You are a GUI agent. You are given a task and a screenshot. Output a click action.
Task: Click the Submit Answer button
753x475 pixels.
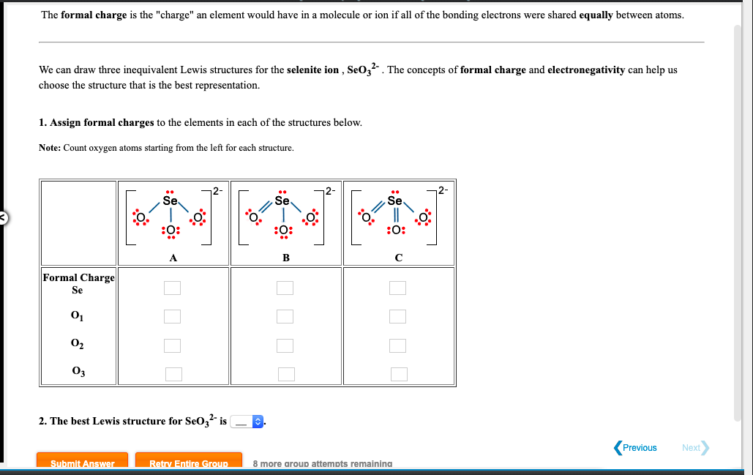[82, 463]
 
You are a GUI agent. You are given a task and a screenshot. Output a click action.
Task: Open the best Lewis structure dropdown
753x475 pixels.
[247, 422]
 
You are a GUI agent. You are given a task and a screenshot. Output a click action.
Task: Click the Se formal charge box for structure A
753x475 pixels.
[172, 288]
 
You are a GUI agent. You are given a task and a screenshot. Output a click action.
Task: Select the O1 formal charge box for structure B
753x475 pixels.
[285, 316]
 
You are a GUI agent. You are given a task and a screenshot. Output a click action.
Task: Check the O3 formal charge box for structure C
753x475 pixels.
[398, 373]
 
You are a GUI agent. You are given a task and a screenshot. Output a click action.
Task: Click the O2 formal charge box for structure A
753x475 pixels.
[172, 345]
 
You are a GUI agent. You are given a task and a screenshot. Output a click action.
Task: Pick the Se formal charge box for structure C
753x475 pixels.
[398, 288]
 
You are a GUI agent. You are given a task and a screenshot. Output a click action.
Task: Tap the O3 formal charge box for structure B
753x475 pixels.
[285, 373]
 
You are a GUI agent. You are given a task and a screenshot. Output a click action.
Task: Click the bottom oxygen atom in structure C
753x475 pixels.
[394, 231]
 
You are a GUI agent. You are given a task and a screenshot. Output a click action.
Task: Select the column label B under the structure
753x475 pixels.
[286, 257]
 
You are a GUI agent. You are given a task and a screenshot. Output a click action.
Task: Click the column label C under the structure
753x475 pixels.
[398, 257]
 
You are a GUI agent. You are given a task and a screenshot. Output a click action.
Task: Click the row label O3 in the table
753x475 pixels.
[78, 371]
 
